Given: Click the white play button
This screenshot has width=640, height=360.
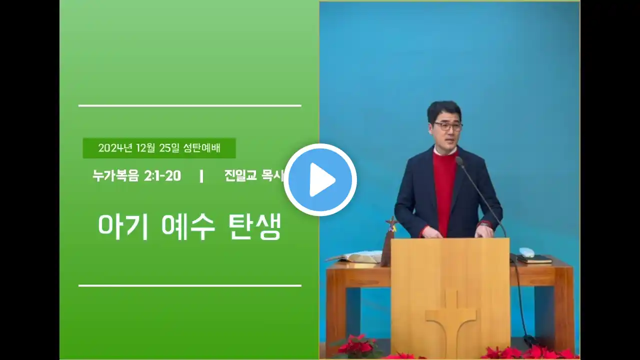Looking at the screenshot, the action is tap(320, 179).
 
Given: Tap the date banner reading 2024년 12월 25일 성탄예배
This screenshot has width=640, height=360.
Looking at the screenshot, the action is tap(159, 148).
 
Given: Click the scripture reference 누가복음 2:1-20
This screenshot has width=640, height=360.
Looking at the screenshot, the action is tap(136, 175).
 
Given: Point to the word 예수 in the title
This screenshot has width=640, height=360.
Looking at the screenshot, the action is tap(188, 227).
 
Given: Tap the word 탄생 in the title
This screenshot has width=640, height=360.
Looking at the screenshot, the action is tap(255, 227).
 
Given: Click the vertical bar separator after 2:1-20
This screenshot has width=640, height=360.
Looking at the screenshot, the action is tap(201, 176).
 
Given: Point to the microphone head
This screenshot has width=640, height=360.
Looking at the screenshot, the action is tap(459, 161).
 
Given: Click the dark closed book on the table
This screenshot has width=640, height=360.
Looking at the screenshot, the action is tap(534, 259).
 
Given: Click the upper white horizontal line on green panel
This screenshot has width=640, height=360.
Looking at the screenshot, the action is tap(190, 105).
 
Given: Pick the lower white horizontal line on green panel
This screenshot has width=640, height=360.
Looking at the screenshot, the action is tap(190, 285).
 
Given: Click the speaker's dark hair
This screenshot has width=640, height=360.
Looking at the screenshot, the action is tap(444, 111).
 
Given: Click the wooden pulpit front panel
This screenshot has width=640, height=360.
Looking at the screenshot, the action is tap(450, 297).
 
